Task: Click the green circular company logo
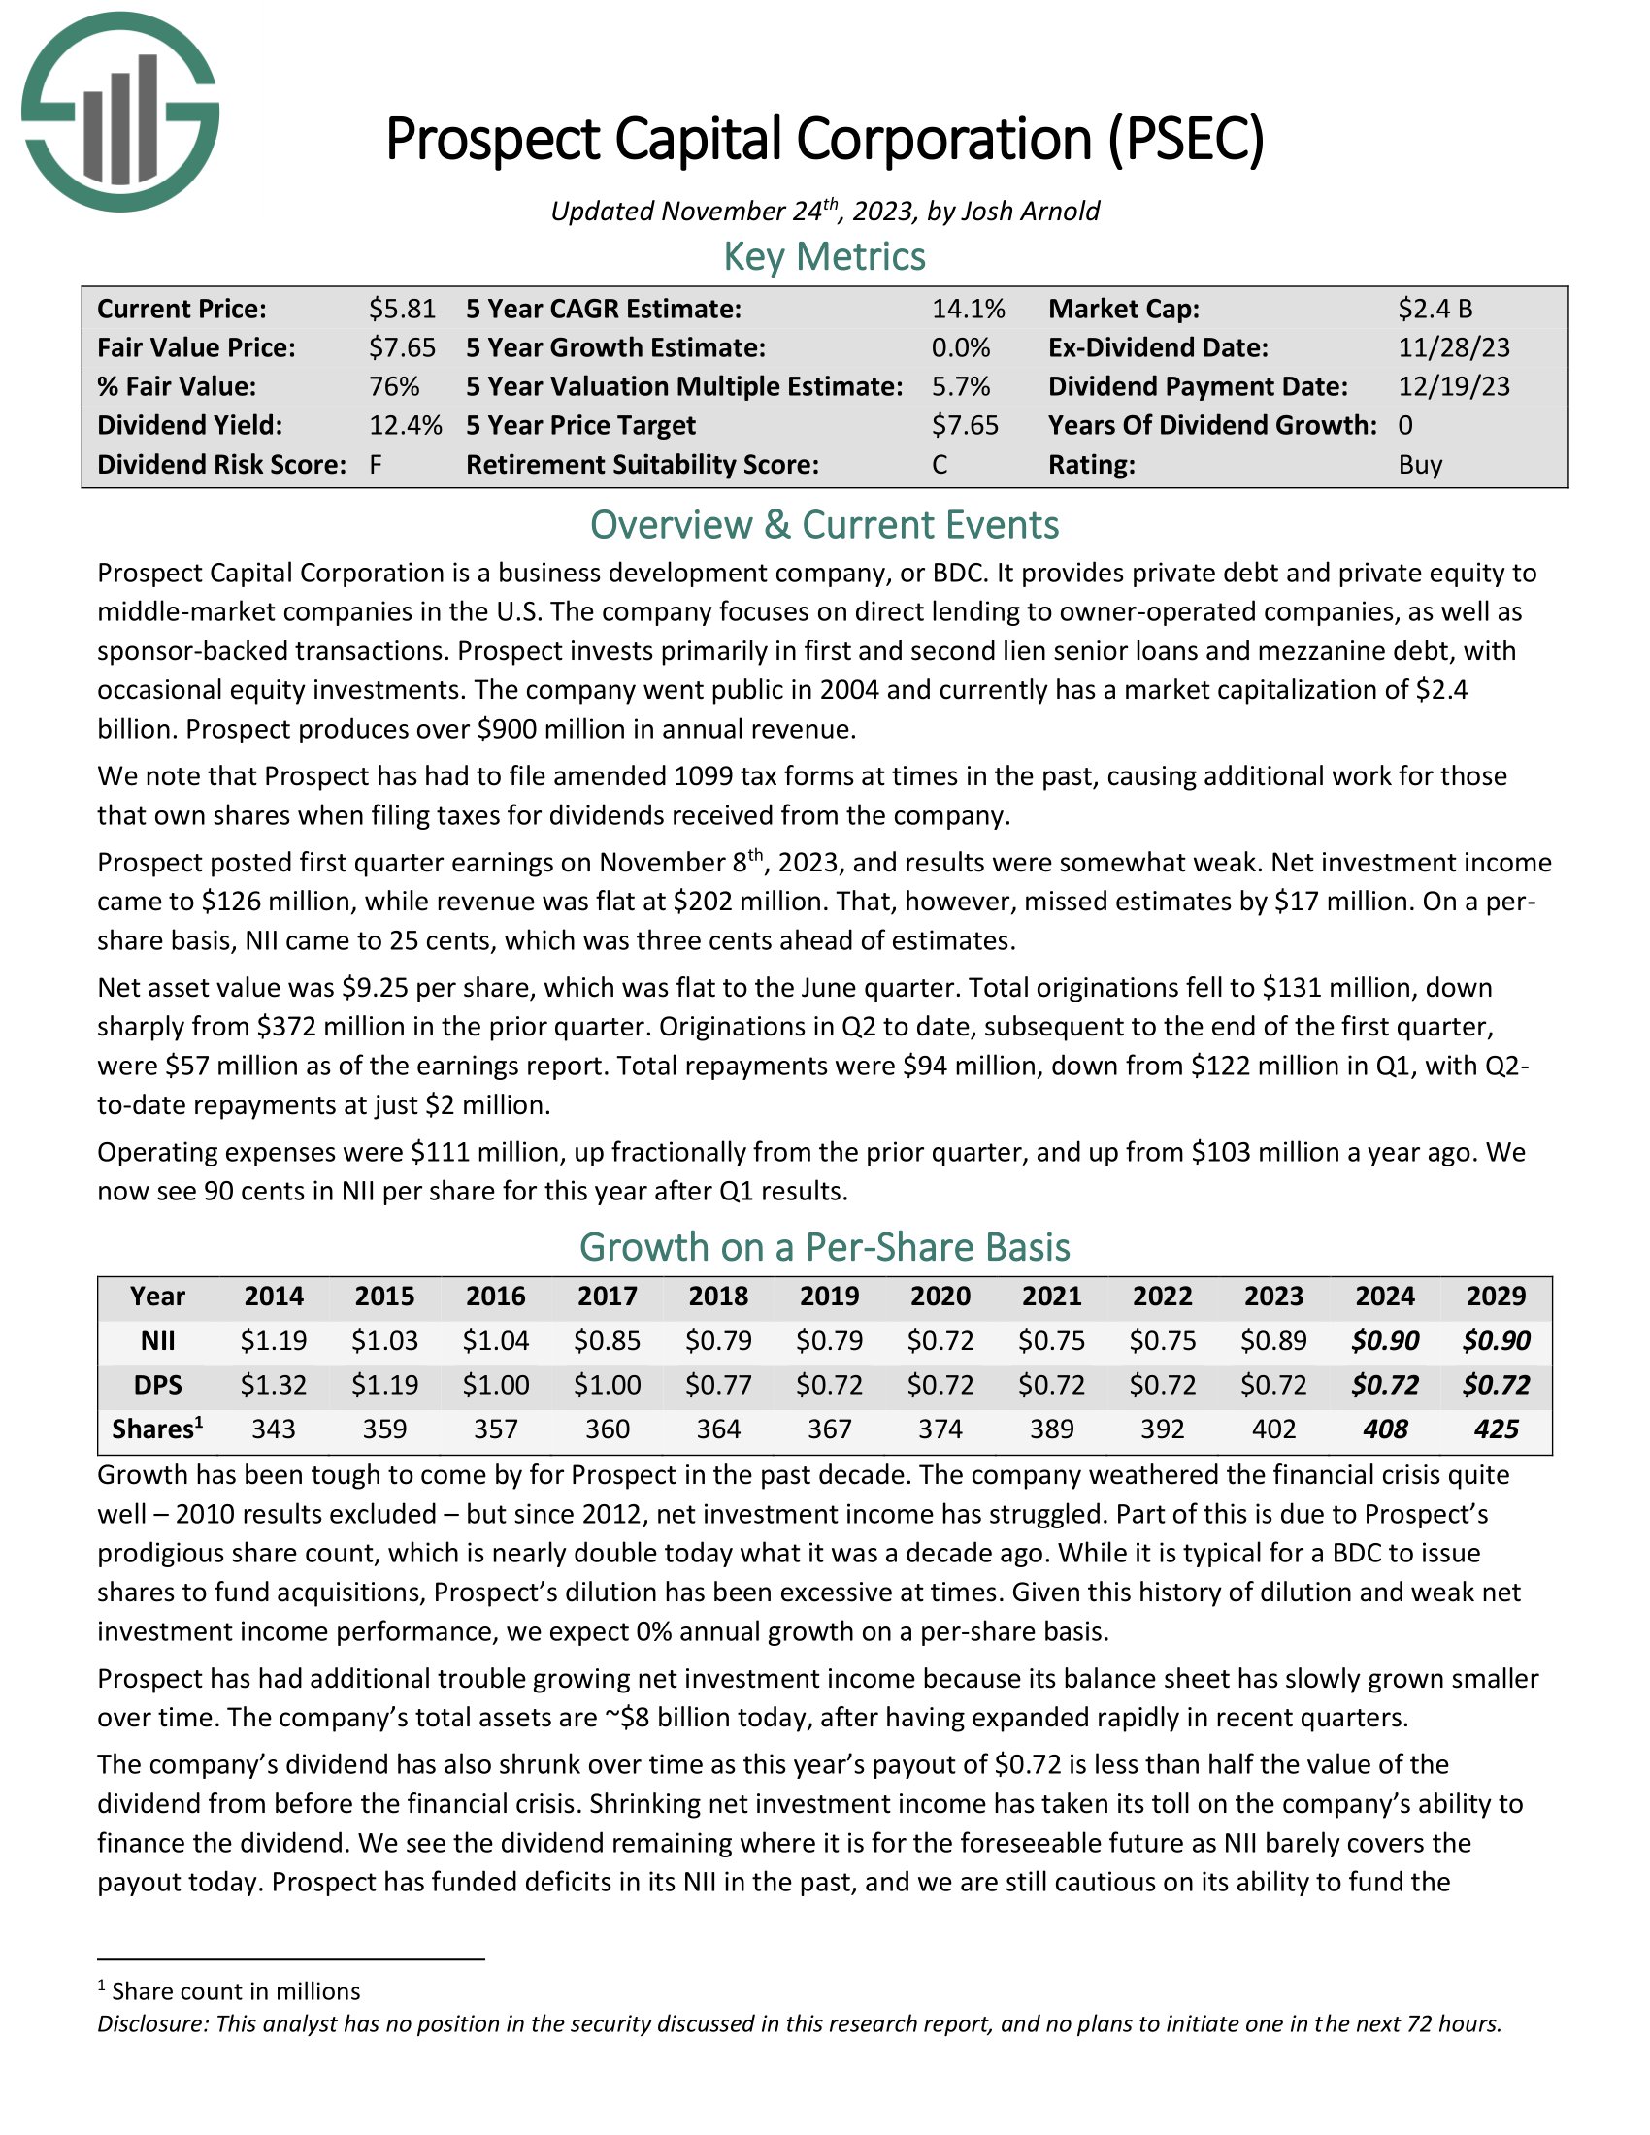[x=119, y=112]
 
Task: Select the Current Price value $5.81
[x=402, y=309]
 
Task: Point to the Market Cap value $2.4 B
[x=1434, y=309]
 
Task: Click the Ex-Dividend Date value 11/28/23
[x=1454, y=348]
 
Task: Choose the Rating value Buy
[x=1419, y=464]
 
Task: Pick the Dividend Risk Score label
[x=221, y=464]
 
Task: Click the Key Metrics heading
[x=824, y=256]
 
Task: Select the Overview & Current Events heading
[x=824, y=525]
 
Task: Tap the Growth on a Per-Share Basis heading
[x=824, y=1247]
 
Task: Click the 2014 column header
[x=274, y=1297]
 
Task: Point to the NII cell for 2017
[x=607, y=1340]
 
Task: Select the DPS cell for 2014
[x=274, y=1384]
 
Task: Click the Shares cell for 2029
[x=1496, y=1429]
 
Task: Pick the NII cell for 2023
[x=1272, y=1340]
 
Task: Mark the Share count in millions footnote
[x=235, y=1991]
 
